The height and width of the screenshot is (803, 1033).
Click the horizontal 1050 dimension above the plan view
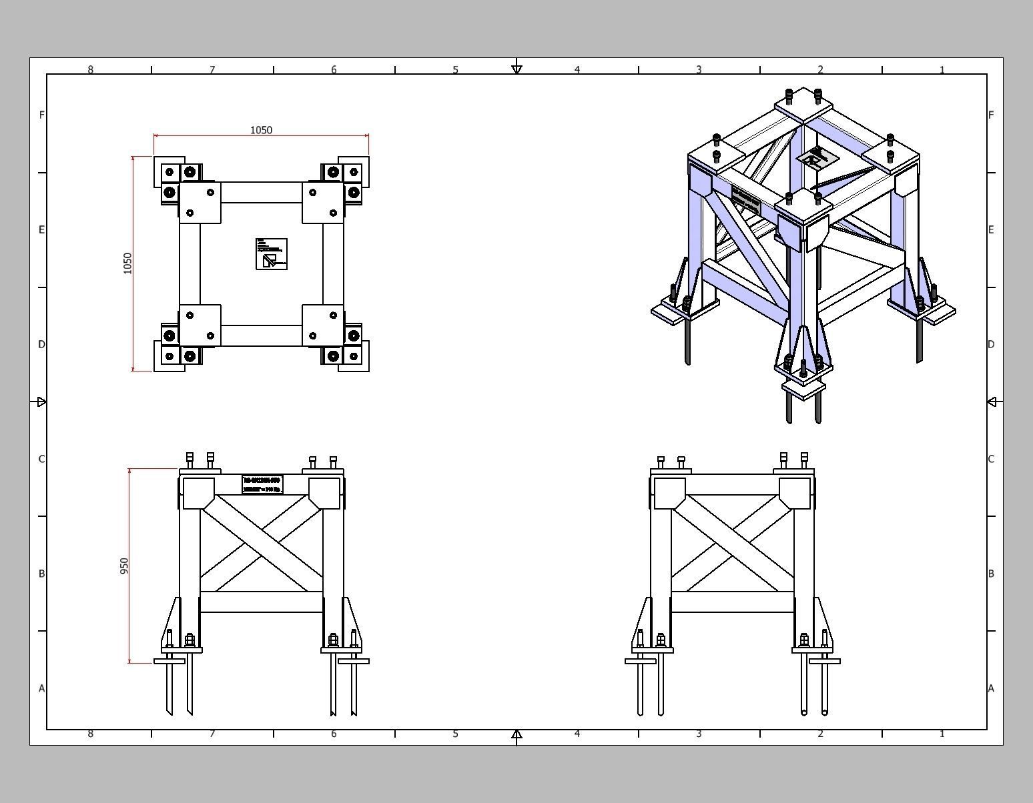click(x=261, y=130)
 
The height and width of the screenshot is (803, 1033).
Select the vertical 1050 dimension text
click(x=127, y=263)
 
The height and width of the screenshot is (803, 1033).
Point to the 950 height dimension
click(x=124, y=566)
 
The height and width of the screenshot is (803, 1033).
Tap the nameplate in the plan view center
click(x=272, y=253)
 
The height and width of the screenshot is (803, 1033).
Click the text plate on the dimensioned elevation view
click(x=262, y=485)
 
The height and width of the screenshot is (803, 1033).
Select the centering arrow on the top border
click(x=516, y=69)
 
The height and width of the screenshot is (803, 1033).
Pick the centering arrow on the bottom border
click(x=516, y=734)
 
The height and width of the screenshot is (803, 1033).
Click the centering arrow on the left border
click(x=41, y=401)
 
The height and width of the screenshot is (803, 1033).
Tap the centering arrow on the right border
click(x=992, y=401)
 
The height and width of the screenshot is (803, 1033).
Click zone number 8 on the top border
click(x=91, y=69)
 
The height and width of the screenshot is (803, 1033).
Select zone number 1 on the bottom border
click(x=942, y=734)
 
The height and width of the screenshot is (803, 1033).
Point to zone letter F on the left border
click(x=41, y=115)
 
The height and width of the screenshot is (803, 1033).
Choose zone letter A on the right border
click(x=991, y=688)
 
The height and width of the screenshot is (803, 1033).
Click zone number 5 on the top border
click(x=455, y=69)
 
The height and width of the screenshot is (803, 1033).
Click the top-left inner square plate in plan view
click(x=200, y=203)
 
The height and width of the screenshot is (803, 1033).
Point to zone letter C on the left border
click(x=41, y=459)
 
